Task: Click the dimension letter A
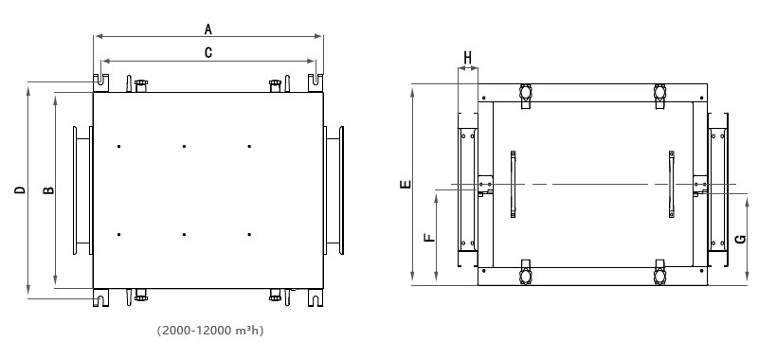point(208,29)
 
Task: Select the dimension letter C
point(208,53)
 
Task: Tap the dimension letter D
point(20,189)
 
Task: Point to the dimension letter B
point(49,190)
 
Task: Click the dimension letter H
point(467,59)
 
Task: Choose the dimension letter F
point(429,237)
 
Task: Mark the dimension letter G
point(740,239)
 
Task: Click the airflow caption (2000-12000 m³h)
point(210,331)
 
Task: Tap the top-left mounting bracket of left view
point(100,82)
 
